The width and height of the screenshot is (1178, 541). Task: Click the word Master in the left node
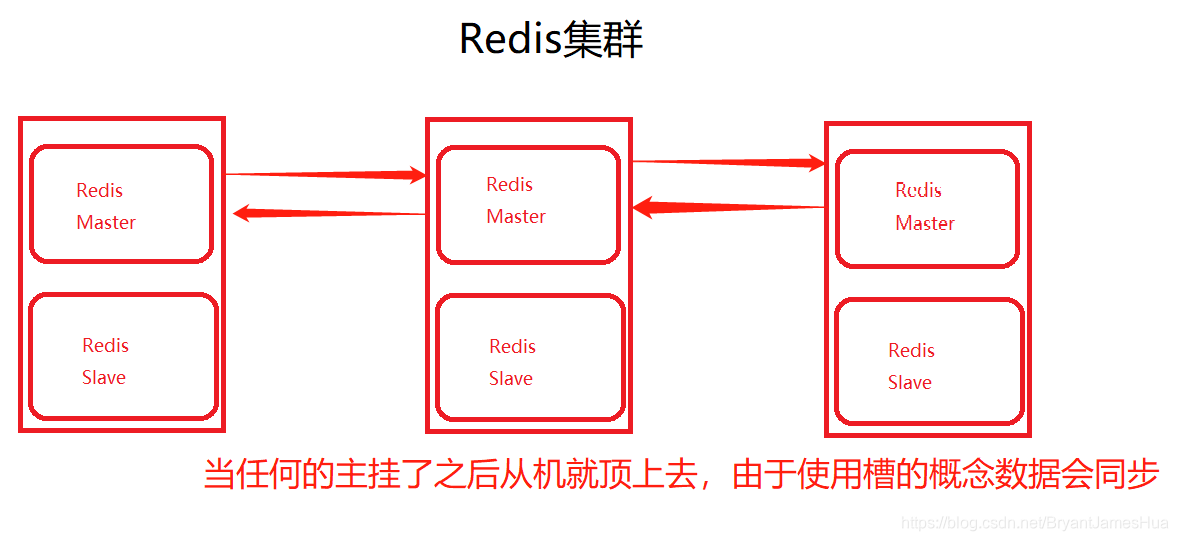point(106,223)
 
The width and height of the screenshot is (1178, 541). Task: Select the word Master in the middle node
point(516,217)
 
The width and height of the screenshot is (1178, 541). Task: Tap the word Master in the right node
point(925,224)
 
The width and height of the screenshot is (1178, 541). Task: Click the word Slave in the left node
point(104,378)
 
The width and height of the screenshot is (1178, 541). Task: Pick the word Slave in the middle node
point(511,379)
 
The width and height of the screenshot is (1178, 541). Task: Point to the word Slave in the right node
point(910,383)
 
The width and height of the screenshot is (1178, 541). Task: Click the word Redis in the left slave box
point(106,346)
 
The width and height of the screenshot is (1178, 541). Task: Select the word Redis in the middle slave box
point(513,347)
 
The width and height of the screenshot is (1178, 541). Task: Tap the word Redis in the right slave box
point(912,351)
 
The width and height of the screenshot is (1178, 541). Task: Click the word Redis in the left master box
point(100,191)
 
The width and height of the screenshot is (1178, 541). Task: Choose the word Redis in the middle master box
point(510,185)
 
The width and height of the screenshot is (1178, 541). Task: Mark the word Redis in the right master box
point(919,191)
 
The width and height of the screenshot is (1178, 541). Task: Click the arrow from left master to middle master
point(326,176)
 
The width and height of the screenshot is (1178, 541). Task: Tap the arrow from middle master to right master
point(728,162)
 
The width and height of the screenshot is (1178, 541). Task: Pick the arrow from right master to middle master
point(728,208)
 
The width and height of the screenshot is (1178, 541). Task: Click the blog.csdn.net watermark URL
point(1034,523)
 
